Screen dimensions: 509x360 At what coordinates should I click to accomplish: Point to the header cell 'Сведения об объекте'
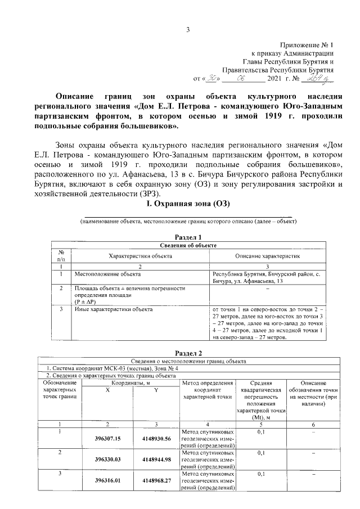coord(188,245)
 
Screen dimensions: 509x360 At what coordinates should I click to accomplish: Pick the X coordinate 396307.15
coord(109,439)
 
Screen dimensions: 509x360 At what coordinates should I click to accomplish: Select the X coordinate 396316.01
coord(109,481)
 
